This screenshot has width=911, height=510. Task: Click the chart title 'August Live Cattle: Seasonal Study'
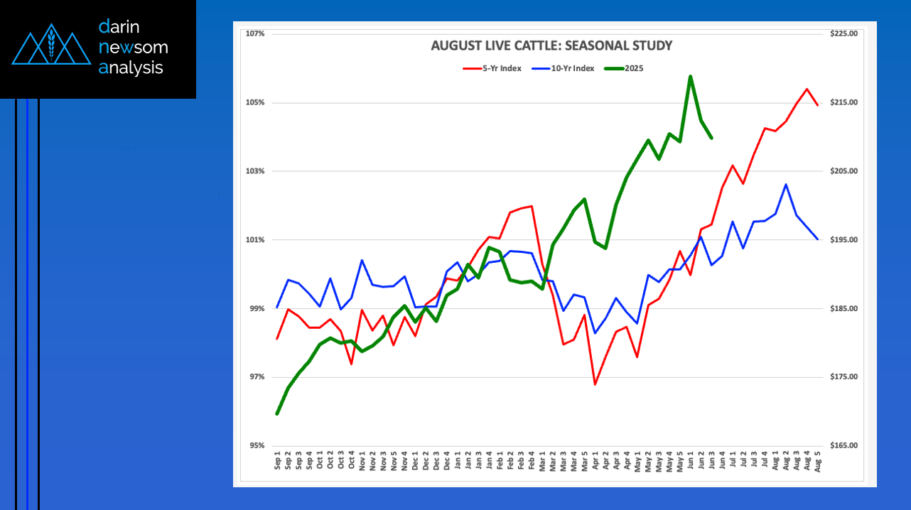tap(551, 46)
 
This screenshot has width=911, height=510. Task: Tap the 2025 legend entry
tap(625, 68)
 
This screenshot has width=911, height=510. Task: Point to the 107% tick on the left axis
tap(255, 34)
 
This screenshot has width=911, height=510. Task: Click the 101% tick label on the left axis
tap(255, 240)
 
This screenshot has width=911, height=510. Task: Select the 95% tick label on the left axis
tap(255, 446)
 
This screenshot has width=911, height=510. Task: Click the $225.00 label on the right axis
tap(843, 34)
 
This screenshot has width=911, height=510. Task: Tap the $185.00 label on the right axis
tap(843, 308)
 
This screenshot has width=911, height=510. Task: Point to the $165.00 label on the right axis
tap(843, 446)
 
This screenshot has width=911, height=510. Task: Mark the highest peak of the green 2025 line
tap(690, 76)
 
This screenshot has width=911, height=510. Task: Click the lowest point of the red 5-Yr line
tap(595, 384)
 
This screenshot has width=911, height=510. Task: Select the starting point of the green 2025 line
tap(277, 413)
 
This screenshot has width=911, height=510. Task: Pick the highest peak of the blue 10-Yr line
tap(785, 185)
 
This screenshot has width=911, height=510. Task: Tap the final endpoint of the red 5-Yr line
tap(817, 105)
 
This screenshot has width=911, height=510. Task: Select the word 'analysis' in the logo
tap(131, 68)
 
